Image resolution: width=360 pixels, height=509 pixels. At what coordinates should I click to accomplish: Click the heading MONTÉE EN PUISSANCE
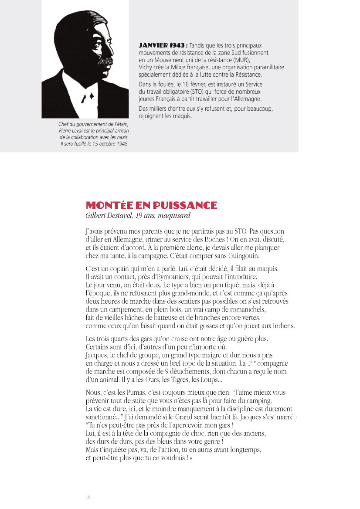point(151,205)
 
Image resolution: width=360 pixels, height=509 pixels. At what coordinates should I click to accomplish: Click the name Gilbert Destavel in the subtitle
point(109,215)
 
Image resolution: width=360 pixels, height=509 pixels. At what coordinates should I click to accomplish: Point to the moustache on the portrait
point(103,61)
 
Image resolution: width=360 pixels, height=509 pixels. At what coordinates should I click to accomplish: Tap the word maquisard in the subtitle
point(174,215)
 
